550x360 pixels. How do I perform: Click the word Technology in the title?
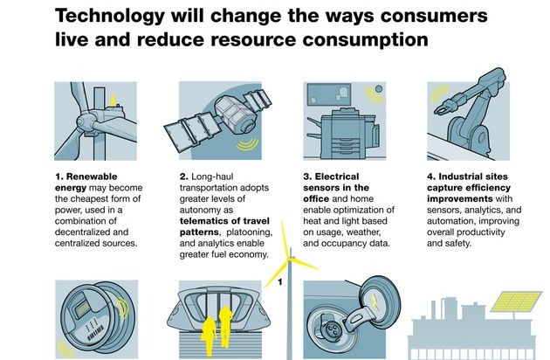point(110,16)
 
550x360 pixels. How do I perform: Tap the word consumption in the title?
point(365,39)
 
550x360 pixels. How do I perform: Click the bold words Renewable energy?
point(86,182)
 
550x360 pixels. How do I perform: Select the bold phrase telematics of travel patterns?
point(224,226)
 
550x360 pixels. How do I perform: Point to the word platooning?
point(250,232)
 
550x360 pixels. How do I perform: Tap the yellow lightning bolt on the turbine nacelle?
point(113,100)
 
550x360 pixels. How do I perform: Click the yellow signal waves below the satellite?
point(248,144)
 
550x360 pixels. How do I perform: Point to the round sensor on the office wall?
point(379,89)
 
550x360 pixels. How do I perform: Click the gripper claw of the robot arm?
point(445,106)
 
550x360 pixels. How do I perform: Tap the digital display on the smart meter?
point(83,310)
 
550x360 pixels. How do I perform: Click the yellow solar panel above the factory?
point(516,301)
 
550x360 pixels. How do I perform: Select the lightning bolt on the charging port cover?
point(375,301)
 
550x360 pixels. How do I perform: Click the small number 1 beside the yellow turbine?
point(280,282)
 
